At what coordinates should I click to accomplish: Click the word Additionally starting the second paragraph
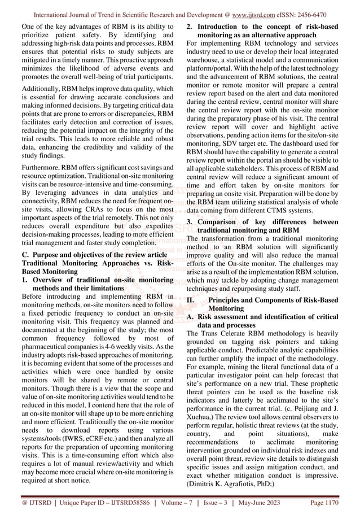click(x=41, y=89)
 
